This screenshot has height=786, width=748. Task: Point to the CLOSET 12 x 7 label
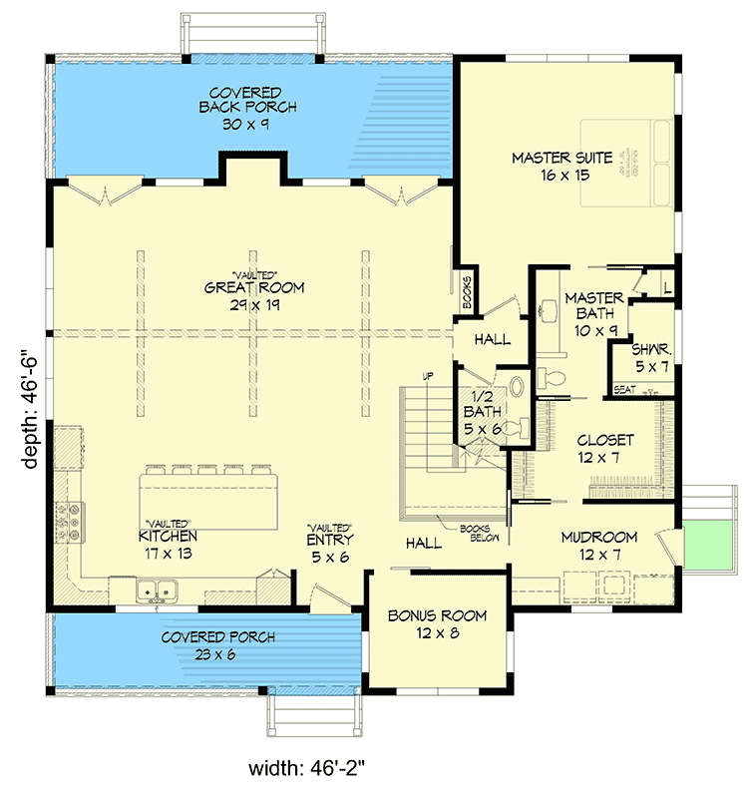605,448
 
